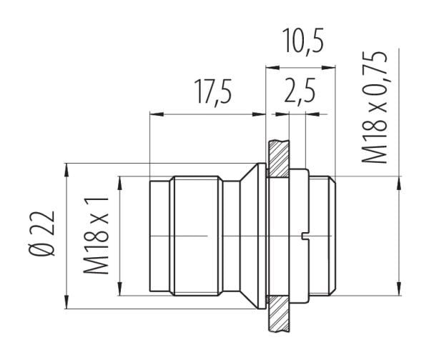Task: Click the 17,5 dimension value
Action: coord(213,92)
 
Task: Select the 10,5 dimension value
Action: coord(302,41)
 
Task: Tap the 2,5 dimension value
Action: coord(300,90)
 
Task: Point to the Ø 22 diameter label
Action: coord(41,233)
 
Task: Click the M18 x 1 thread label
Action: coord(96,235)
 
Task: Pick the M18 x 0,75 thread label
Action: coord(374,107)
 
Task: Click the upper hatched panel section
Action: coord(279,159)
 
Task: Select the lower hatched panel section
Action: coord(279,314)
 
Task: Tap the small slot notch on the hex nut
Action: coord(305,236)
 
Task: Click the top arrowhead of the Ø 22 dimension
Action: coord(66,171)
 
